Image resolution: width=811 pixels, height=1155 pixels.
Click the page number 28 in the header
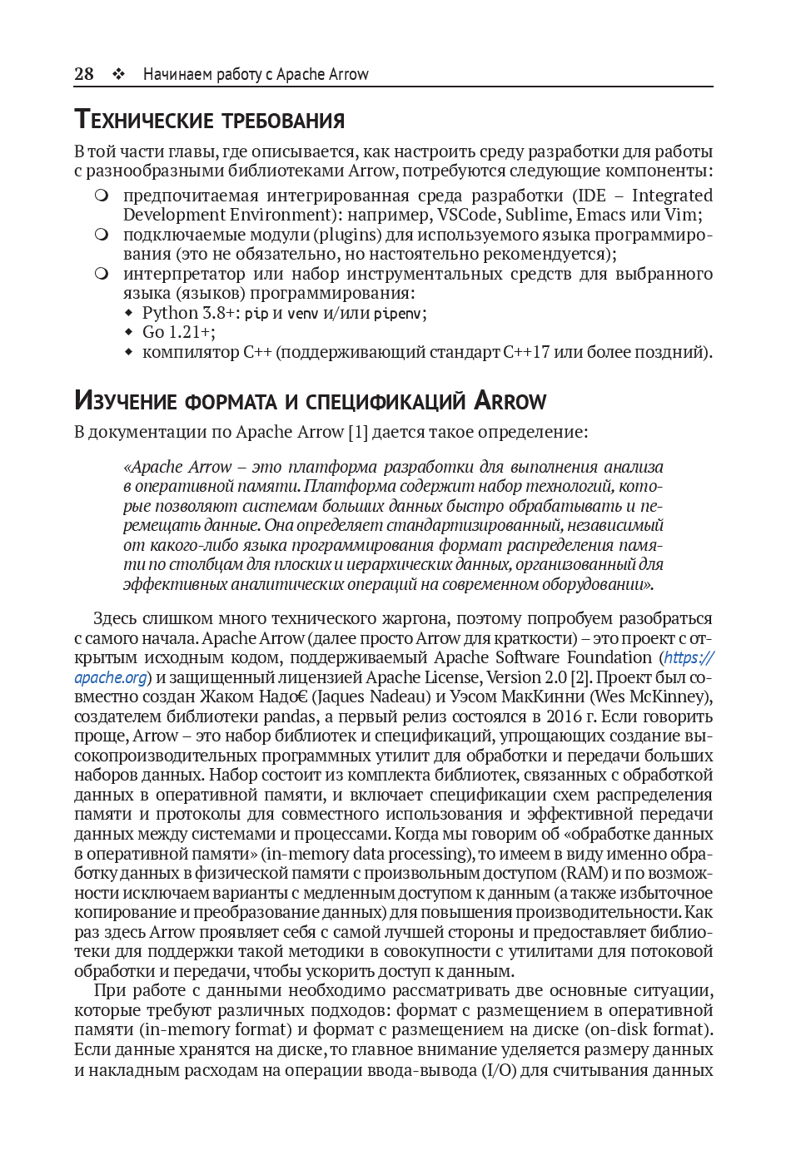point(84,74)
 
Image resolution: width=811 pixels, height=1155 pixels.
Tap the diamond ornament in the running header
point(119,74)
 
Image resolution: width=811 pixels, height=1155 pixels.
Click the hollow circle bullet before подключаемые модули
point(102,235)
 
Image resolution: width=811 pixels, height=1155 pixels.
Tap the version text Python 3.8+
point(191,313)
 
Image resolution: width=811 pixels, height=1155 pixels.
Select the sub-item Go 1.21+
point(178,332)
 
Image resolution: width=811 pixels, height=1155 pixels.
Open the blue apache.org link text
point(111,677)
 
